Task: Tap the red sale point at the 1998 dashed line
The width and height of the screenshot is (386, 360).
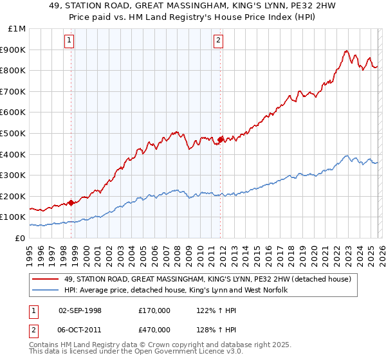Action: [x=71, y=203]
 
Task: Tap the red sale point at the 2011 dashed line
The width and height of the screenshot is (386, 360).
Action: [x=220, y=139]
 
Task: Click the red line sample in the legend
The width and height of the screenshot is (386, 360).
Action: [x=46, y=279]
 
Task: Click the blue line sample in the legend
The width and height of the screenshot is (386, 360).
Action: [x=46, y=291]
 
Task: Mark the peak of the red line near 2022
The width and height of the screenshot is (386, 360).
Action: [x=346, y=51]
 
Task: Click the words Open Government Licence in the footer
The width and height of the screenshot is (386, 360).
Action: [x=172, y=354]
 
